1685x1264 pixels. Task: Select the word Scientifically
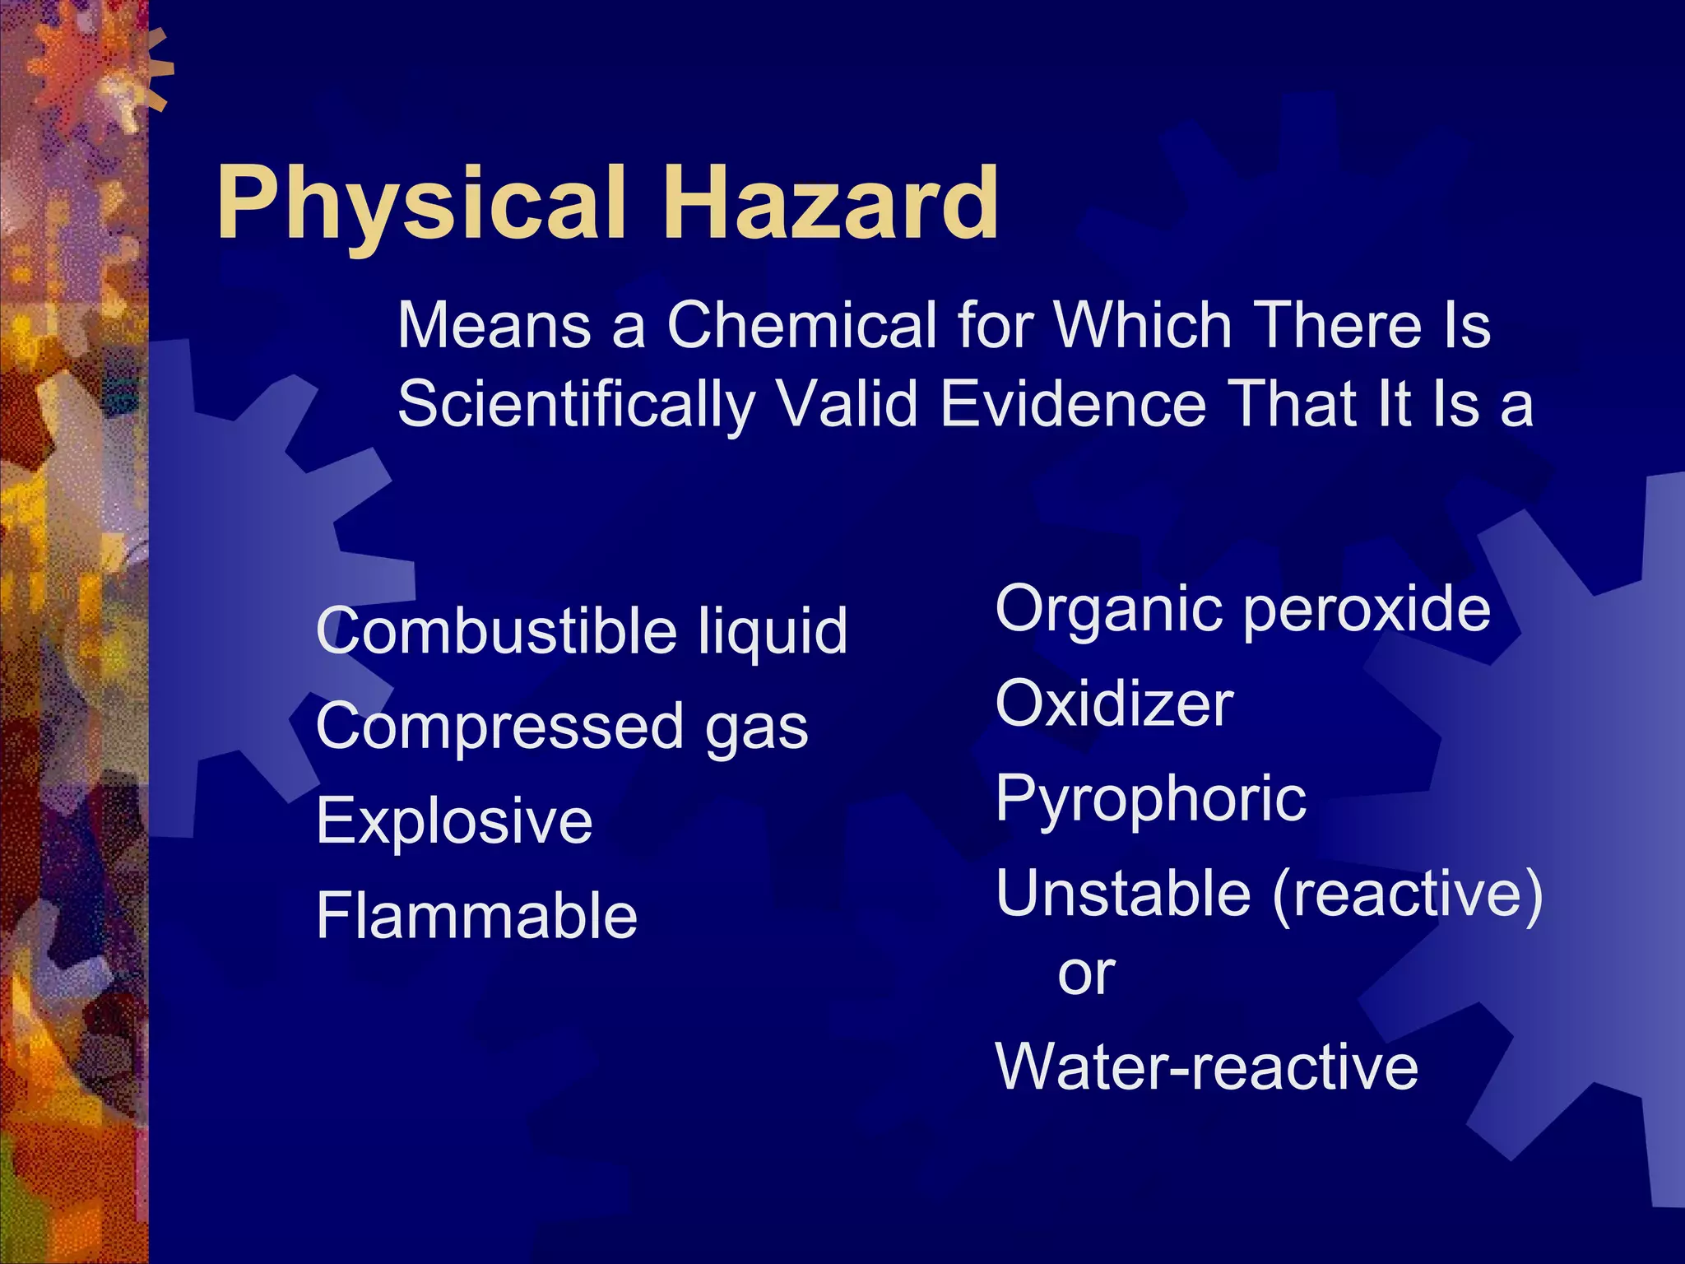576,405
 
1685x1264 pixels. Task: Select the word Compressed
499,727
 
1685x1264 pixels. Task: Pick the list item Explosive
454,821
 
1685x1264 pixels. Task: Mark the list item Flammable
476,916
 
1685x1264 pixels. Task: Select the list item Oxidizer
1114,704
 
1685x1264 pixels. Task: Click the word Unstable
1122,894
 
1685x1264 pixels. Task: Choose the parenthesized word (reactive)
1407,895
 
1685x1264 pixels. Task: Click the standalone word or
1086,975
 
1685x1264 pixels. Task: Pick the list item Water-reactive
1207,1067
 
